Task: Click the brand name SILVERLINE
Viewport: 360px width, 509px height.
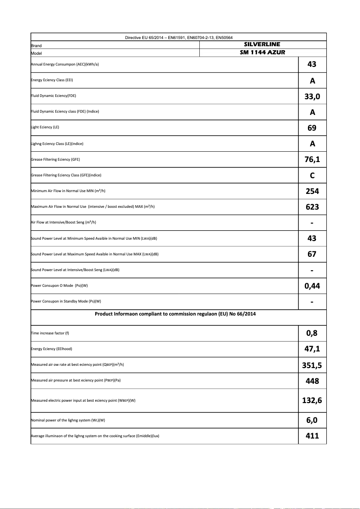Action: tap(262, 44)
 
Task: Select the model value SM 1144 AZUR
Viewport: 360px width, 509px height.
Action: tap(263, 53)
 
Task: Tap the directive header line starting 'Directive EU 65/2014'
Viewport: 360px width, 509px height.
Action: tap(178, 37)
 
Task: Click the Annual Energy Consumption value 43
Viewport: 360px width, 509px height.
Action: tap(312, 64)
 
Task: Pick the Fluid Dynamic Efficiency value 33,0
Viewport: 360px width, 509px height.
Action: tap(312, 96)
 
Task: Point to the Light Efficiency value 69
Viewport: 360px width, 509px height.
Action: tap(312, 128)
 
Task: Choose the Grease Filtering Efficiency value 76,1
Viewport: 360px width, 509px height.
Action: tap(312, 159)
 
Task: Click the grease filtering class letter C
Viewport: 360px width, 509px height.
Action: tap(312, 176)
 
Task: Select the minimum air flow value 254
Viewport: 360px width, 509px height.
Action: tap(312, 191)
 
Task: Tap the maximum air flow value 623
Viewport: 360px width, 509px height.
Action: tap(312, 207)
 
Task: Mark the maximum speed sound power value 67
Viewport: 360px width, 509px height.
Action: tap(312, 254)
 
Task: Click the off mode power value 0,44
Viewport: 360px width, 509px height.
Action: tap(312, 286)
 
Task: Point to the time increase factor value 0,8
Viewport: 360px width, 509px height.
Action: tap(312, 333)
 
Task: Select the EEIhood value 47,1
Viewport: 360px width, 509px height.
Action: tap(312, 349)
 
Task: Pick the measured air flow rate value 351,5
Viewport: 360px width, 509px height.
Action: tap(312, 365)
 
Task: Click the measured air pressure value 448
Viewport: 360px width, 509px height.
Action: tap(312, 381)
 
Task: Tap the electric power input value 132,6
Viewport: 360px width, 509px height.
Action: tap(312, 400)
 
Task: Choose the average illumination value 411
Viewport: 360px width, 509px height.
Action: tap(312, 435)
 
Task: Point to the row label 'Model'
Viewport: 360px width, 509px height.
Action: tap(36, 53)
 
